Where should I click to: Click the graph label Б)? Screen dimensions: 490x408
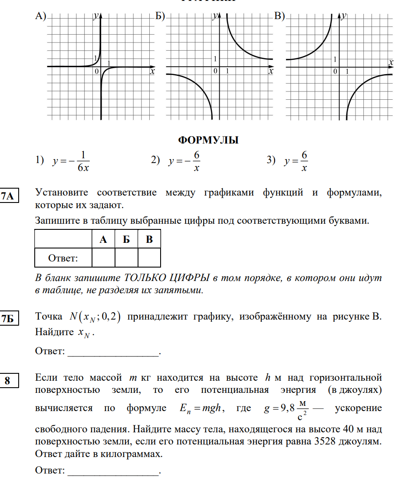(160, 16)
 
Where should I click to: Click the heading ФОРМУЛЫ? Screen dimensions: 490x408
(208, 140)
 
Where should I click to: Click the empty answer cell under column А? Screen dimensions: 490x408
(103, 258)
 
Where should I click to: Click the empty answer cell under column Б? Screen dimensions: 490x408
(126, 258)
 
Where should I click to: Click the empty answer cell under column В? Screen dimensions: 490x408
(149, 258)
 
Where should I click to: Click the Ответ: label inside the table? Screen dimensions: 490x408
(63, 258)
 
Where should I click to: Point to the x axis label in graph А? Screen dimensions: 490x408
(152, 72)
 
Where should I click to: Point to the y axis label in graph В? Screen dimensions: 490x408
(344, 16)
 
